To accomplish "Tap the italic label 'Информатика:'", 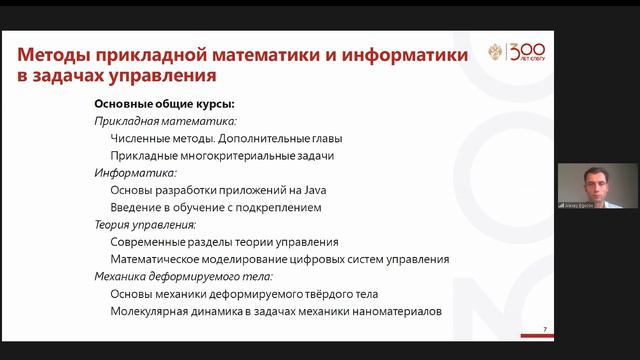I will [135, 173].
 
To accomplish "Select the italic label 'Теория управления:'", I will [145, 225].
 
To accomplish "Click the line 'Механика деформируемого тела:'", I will [183, 277].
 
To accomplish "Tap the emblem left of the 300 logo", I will [495, 52].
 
